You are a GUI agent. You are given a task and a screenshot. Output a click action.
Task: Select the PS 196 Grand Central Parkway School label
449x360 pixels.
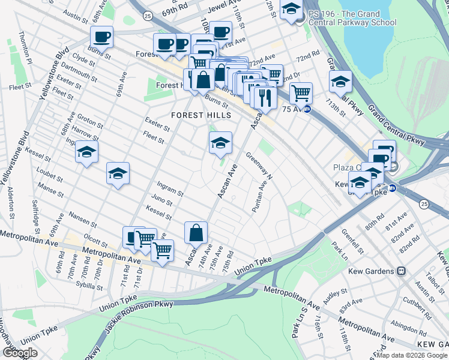click(x=351, y=17)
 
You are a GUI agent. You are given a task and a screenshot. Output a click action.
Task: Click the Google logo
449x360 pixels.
click(x=19, y=353)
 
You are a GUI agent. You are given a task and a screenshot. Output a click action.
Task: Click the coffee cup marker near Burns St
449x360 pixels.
click(x=101, y=37)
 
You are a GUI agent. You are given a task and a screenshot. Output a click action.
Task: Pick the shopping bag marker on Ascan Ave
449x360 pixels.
click(x=196, y=232)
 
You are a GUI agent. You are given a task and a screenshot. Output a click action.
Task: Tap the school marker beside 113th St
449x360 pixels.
click(x=340, y=82)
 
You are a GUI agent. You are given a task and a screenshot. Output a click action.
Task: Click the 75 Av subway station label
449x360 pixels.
click(x=294, y=109)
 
